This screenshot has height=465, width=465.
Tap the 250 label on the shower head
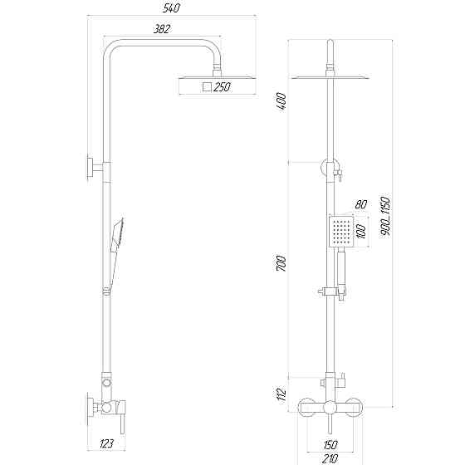[x=221, y=88]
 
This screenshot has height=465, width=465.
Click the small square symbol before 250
[x=207, y=88]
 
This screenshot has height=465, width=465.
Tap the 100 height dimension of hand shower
[x=361, y=232]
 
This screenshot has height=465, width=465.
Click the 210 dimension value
[x=331, y=457]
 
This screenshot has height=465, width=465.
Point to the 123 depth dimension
[x=105, y=444]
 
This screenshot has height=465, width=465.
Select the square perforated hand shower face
[x=339, y=232]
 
